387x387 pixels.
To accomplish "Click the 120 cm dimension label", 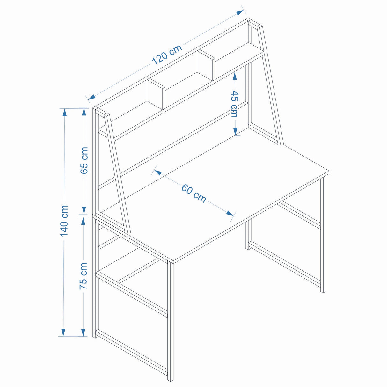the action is click(167, 54).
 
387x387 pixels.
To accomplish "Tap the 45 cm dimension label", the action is click(234, 104).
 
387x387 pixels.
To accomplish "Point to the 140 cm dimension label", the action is click(64, 221).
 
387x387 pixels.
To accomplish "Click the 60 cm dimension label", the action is click(193, 193).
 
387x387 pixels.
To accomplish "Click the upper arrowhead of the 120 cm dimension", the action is click(240, 12).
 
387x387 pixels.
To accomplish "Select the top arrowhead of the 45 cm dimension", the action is click(235, 76).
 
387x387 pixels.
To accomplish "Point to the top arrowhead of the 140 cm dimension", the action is click(64, 112).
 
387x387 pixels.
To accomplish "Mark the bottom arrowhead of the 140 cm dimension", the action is click(63, 332).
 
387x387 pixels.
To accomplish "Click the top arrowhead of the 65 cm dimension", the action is click(84, 112).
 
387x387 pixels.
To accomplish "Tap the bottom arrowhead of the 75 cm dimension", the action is click(83, 332).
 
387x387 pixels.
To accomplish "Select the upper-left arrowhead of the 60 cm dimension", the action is click(158, 172).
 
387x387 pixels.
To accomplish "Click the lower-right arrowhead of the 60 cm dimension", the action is click(230, 213).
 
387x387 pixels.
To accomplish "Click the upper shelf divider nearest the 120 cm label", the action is click(206, 65).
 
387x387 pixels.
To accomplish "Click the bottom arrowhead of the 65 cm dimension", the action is click(84, 210).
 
